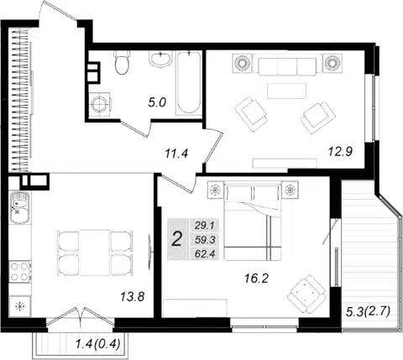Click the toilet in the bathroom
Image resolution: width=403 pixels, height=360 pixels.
122,62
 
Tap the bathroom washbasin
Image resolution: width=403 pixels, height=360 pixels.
160,59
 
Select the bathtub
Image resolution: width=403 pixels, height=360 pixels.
189,83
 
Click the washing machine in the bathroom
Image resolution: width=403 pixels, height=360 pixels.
100,104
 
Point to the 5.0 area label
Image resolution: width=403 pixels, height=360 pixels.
157,102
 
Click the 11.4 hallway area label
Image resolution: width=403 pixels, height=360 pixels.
176,154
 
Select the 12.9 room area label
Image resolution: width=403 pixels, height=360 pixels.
340,152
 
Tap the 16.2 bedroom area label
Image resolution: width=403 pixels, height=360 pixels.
256,279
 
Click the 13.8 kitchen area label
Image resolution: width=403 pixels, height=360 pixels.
133,296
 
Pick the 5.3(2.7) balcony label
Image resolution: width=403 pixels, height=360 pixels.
368,311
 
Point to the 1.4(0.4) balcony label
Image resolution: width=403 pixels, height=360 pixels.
98,343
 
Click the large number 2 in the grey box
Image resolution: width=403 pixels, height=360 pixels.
177,240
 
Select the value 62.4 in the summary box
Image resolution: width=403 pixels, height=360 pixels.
205,254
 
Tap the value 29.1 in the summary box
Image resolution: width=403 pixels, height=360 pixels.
205,226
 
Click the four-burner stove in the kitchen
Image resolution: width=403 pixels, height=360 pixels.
19,271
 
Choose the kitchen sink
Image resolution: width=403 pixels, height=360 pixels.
19,207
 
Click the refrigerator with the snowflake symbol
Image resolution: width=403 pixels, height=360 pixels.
20,307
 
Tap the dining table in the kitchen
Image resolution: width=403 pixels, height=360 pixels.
95,253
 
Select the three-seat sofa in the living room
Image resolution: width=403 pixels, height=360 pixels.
288,65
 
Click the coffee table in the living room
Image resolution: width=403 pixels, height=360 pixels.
286,91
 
